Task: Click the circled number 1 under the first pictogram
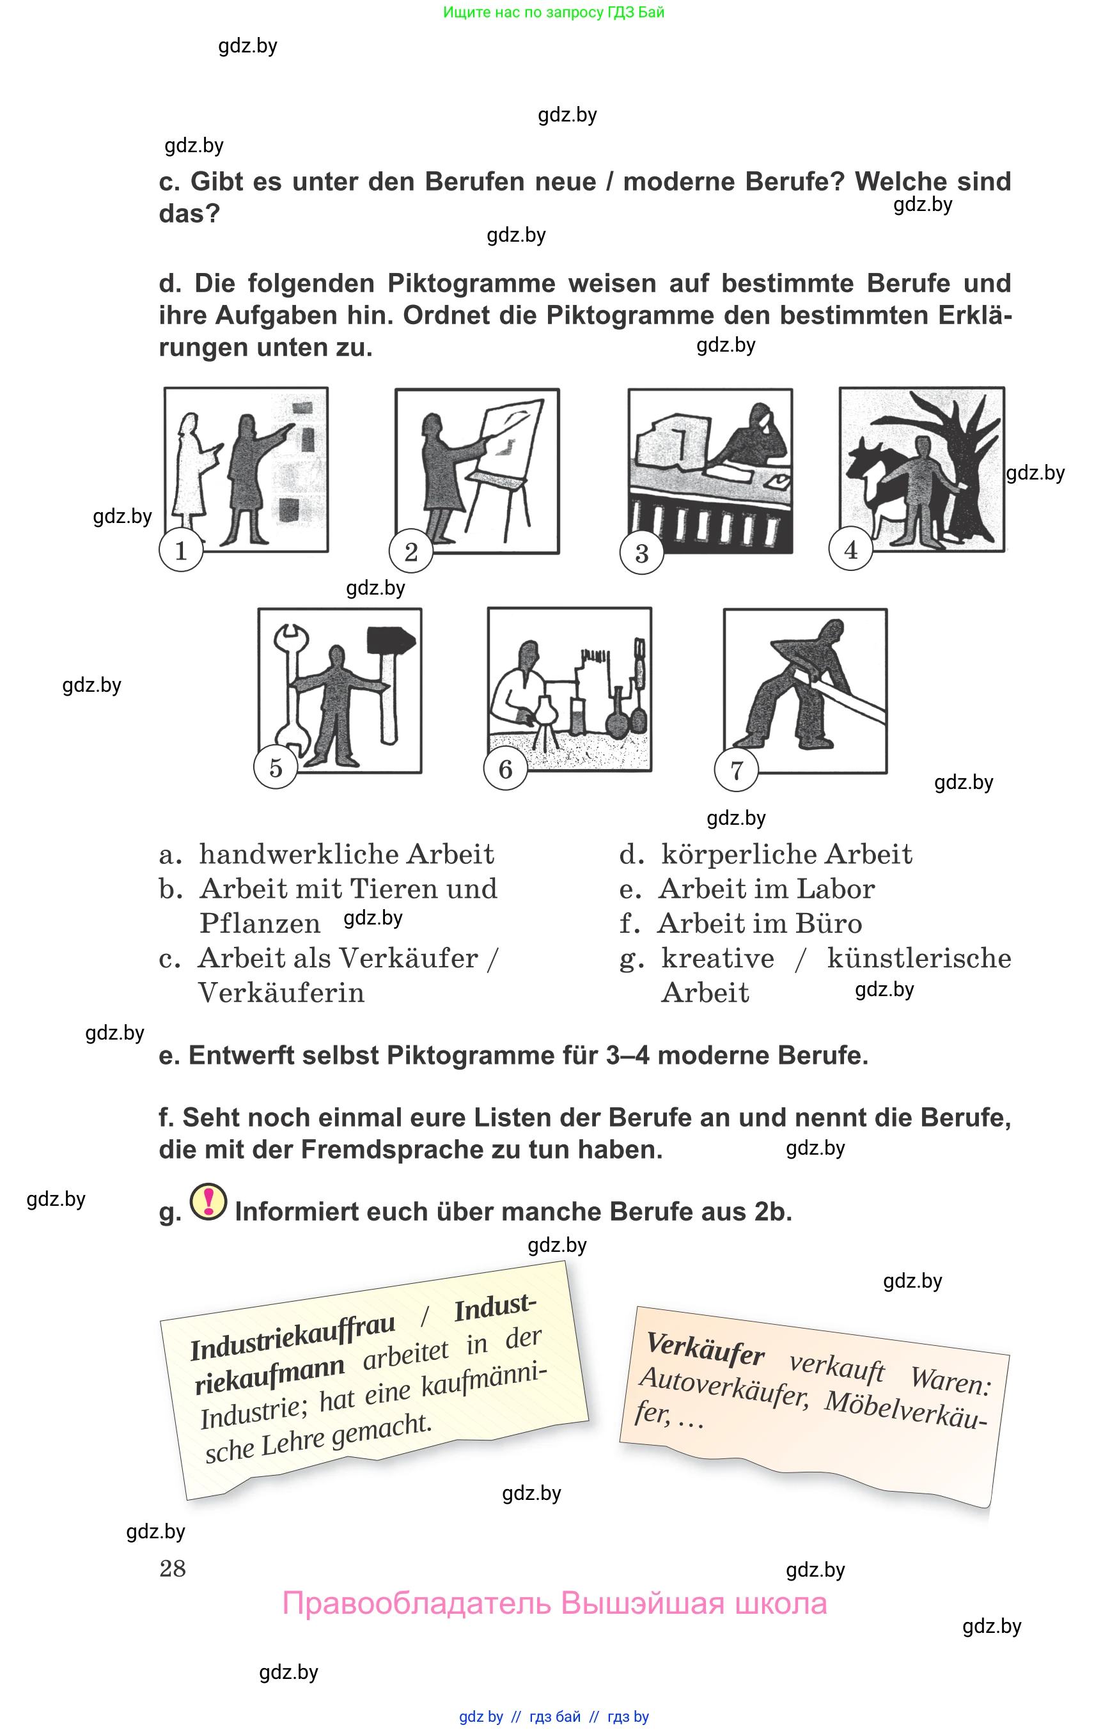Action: pyautogui.click(x=181, y=550)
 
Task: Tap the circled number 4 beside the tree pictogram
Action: pyautogui.click(x=850, y=550)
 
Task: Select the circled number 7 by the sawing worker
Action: pyautogui.click(x=736, y=770)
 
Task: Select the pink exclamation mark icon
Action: pyautogui.click(x=208, y=1202)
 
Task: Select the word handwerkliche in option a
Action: pyautogui.click(x=299, y=854)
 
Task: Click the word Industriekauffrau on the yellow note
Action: pyautogui.click(x=293, y=1338)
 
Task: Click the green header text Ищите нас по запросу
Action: pyautogui.click(x=519, y=12)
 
